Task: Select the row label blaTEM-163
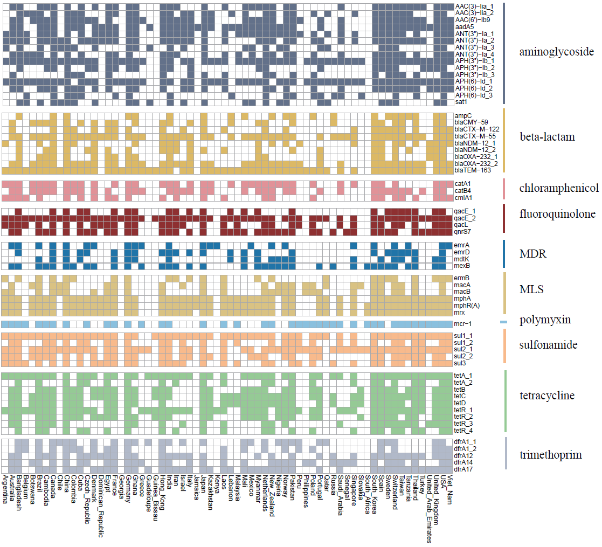click(x=473, y=170)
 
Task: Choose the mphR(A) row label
click(x=467, y=305)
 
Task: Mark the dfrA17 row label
click(x=465, y=469)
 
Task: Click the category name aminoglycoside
click(x=556, y=52)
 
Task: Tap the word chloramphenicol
click(x=559, y=188)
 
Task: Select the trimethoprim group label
click(x=550, y=455)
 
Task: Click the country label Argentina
click(x=5, y=490)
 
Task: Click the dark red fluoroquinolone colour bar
click(x=503, y=218)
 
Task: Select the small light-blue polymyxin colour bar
click(x=503, y=322)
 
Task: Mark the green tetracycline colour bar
click(x=506, y=401)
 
